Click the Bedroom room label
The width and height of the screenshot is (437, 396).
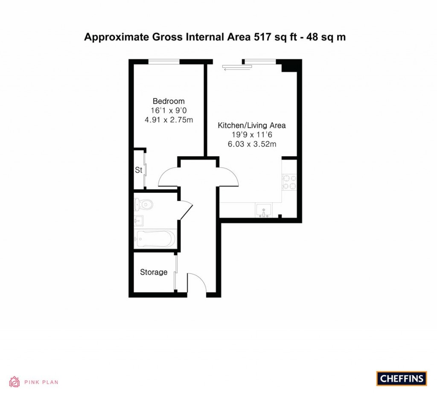coord(169,101)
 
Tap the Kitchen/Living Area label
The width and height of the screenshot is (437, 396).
coord(252,125)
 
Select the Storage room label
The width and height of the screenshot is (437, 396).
coord(154,272)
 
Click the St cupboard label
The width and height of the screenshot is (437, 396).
coord(138,170)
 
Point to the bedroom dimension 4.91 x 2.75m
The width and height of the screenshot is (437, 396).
coord(169,120)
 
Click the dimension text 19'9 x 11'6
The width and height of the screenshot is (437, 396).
coord(252,135)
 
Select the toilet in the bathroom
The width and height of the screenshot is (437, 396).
coord(143,204)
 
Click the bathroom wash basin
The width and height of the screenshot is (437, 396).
coord(139,221)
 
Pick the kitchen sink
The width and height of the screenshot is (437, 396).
coord(265,211)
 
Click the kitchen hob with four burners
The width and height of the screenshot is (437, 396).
coord(289,181)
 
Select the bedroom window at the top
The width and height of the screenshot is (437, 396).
coord(164,62)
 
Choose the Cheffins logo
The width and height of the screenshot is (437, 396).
coord(401,379)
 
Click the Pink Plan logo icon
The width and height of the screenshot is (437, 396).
coord(15,381)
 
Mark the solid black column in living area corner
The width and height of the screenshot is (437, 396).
coord(288,66)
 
